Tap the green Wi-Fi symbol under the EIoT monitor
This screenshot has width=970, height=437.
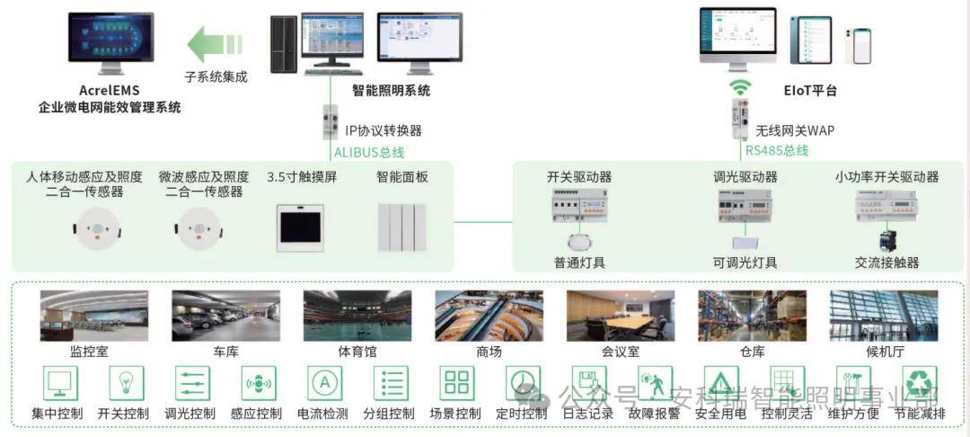pos(739,87)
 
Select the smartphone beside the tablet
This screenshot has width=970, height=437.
pos(862,45)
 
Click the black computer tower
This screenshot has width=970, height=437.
pos(284,43)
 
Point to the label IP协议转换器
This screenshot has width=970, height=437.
pos(384,130)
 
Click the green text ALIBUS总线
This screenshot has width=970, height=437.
pos(369,152)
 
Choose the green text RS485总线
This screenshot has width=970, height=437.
pos(777,150)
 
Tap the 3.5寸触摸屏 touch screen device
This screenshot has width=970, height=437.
pos(301,227)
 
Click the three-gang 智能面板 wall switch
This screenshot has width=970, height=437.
pos(401,228)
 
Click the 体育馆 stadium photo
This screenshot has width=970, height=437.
pos(357,315)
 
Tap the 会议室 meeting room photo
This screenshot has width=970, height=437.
pos(620,315)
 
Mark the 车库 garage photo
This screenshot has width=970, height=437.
pos(225,315)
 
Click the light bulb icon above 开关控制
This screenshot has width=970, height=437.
pos(126,383)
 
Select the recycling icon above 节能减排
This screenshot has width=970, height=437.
pos(920,383)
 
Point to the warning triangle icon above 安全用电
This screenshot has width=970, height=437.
pos(721,383)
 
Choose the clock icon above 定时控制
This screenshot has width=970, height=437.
pos(523,383)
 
